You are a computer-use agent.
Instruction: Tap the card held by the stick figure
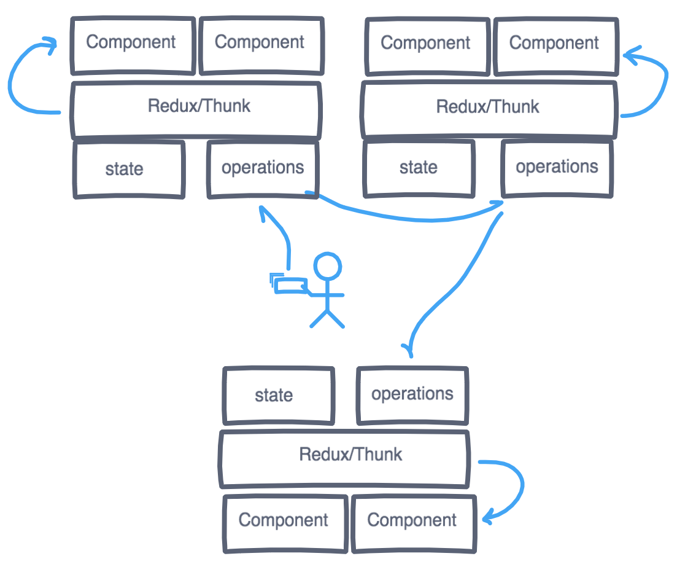[290, 285]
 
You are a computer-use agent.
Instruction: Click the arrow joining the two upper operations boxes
[405, 214]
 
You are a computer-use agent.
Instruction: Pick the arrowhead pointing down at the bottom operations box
[409, 349]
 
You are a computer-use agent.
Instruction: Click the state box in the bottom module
[278, 396]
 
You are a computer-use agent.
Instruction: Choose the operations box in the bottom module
[412, 395]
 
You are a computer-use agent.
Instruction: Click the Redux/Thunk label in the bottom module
[350, 455]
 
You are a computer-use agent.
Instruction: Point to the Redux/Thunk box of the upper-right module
[489, 108]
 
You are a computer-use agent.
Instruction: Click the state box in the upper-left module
[129, 169]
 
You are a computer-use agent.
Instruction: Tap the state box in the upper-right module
[419, 168]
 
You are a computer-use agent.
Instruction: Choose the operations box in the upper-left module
[263, 168]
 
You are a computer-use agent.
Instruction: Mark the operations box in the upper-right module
[556, 168]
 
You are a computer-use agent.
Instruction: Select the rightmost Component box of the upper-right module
[555, 44]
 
